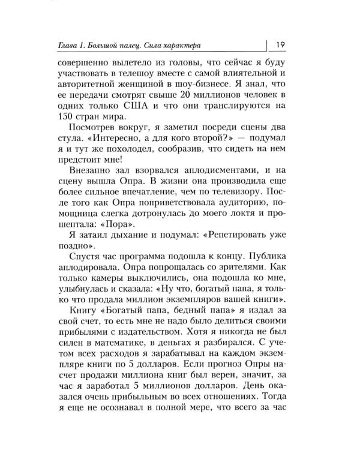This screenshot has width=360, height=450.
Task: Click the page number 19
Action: pyautogui.click(x=281, y=44)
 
